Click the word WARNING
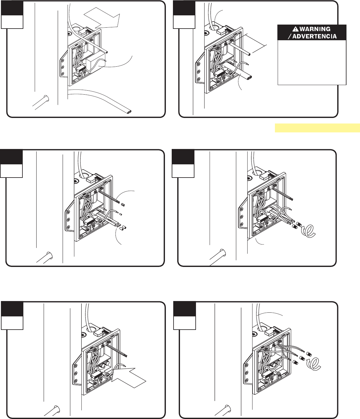[315, 29]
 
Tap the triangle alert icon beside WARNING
[295, 29]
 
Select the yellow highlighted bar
[317, 128]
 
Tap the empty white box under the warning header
[312, 62]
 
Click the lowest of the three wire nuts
[296, 363]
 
